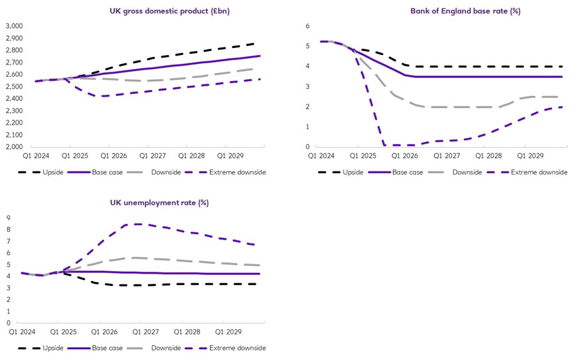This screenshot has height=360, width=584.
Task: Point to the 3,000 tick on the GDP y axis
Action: click(x=14, y=26)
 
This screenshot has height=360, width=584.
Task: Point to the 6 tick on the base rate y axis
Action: click(x=307, y=26)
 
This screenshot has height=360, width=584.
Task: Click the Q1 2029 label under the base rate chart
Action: click(x=525, y=155)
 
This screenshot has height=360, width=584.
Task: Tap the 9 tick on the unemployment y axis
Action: click(x=9, y=218)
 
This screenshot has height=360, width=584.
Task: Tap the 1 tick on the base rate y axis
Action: click(x=307, y=127)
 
